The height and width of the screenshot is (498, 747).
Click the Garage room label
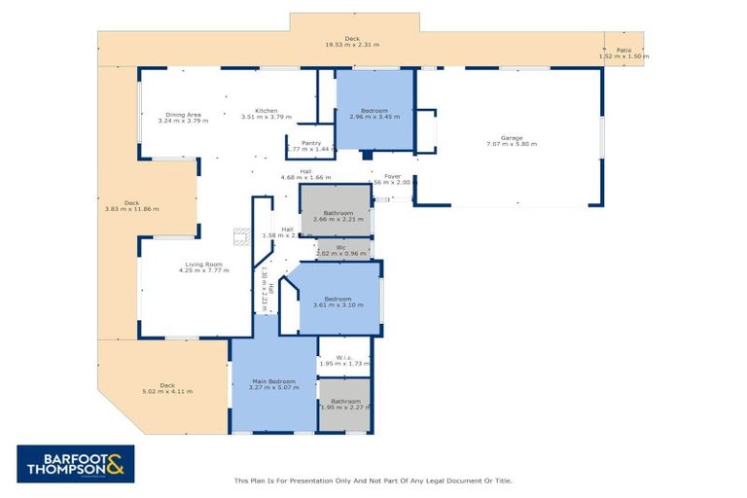[512, 138]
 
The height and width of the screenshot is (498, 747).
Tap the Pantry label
[311, 143]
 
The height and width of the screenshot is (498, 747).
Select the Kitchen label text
[267, 110]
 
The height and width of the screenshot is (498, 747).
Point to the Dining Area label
[183, 114]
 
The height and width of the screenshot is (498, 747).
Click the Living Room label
[204, 264]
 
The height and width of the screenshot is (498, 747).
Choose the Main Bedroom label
[273, 381]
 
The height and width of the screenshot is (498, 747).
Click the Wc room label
[341, 247]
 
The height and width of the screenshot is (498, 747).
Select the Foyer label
[392, 176]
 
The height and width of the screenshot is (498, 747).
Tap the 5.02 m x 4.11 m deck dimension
[167, 391]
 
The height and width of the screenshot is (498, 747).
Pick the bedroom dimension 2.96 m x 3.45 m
[374, 117]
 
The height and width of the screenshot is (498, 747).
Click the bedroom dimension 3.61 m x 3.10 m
[338, 304]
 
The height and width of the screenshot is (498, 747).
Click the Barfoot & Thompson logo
[76, 464]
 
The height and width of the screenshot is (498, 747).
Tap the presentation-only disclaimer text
[373, 480]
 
